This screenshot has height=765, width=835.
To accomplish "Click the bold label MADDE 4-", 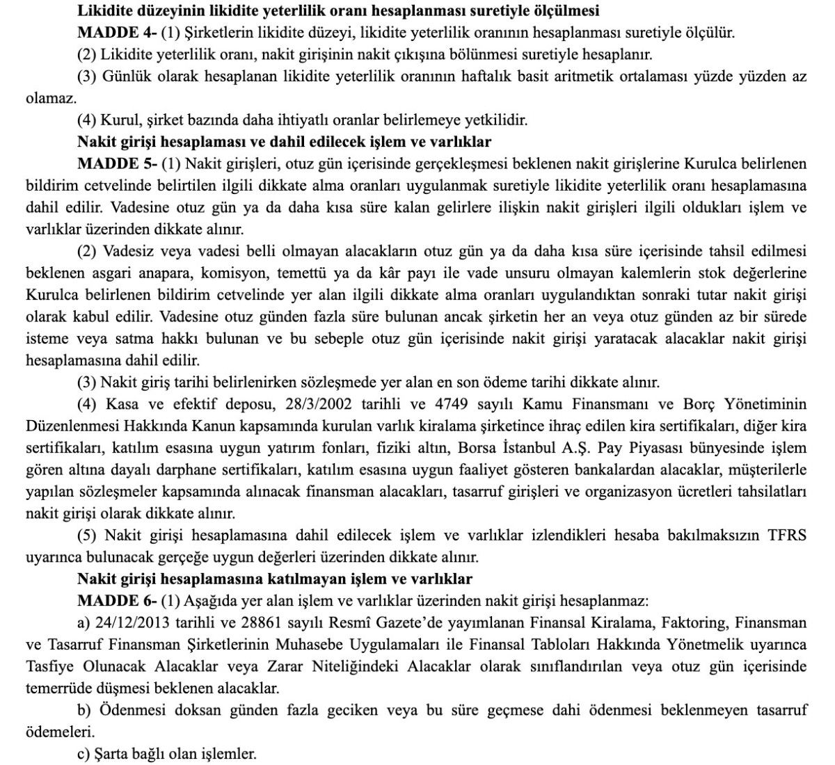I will click(116, 33).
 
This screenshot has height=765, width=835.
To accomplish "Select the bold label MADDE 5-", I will click(116, 164).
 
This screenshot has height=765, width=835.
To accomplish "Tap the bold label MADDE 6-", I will click(116, 601).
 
